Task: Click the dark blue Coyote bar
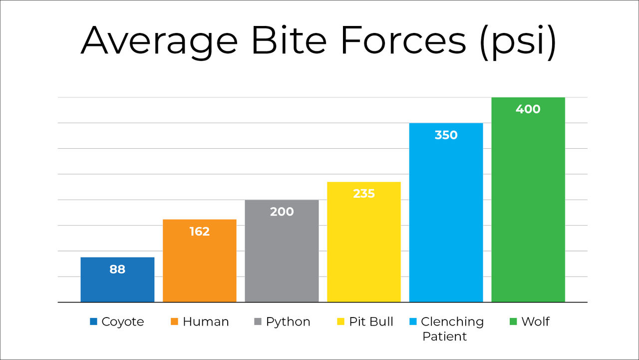coord(117,285)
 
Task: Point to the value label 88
coord(117,270)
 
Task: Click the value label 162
coord(200,232)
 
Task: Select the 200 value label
coord(282,212)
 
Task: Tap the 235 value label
coord(364,194)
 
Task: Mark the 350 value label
coord(446,135)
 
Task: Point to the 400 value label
coord(528,109)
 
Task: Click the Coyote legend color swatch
coord(93,322)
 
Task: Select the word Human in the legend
coord(206,322)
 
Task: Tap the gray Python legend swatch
coord(258,322)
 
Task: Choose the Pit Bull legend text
coord(371,322)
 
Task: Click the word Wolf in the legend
coord(535,322)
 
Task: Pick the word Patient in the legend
coord(444,337)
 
